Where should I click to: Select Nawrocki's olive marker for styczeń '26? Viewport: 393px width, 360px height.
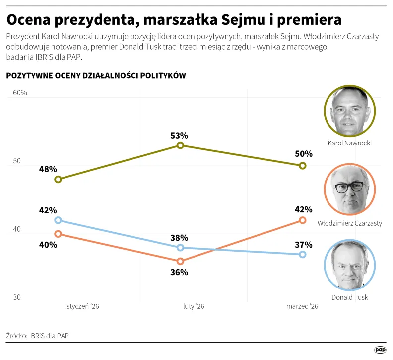pyautogui.click(x=58, y=179)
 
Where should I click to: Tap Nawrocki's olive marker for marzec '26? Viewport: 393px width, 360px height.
pyautogui.click(x=303, y=166)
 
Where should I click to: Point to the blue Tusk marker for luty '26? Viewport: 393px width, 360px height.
pyautogui.click(x=180, y=247)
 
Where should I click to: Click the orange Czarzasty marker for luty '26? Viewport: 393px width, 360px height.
pyautogui.click(x=180, y=261)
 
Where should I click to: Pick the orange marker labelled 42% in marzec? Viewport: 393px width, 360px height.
pyautogui.click(x=303, y=220)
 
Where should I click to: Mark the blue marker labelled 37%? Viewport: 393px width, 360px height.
pyautogui.click(x=303, y=254)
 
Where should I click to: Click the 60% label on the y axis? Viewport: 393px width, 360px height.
pyautogui.click(x=20, y=93)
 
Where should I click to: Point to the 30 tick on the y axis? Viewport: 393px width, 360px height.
pyautogui.click(x=17, y=297)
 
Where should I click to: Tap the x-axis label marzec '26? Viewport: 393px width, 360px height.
pyautogui.click(x=302, y=307)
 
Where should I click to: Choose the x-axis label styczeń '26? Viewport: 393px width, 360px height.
pyautogui.click(x=83, y=307)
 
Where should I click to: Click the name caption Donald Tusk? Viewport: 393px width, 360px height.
pyautogui.click(x=349, y=297)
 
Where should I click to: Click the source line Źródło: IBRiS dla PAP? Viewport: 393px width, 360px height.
pyautogui.click(x=38, y=336)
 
